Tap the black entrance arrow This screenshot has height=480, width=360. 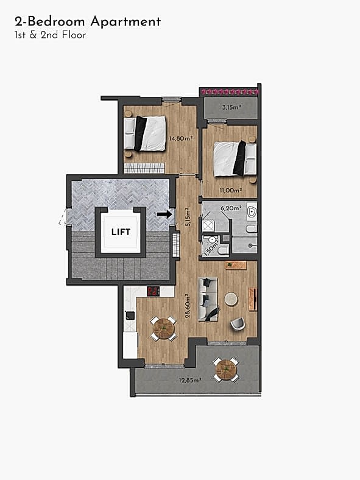[x=164, y=214]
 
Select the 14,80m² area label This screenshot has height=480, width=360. [x=180, y=138]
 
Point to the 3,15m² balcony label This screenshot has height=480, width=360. [x=230, y=107]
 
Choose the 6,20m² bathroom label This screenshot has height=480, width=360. [x=233, y=208]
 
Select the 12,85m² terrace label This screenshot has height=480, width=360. [x=190, y=380]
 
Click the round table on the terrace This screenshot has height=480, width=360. [x=226, y=369]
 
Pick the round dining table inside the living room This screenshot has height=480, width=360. [x=163, y=329]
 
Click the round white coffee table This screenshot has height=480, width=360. [x=231, y=299]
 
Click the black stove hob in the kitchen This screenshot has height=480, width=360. [x=153, y=291]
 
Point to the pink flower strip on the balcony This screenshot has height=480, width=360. [x=230, y=91]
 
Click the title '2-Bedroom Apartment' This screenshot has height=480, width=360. [x=88, y=22]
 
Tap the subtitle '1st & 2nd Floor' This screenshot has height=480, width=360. [x=50, y=35]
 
